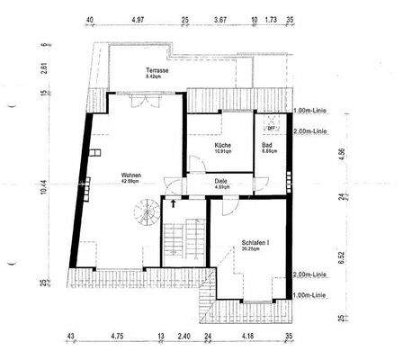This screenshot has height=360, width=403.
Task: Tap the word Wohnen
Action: (132, 175)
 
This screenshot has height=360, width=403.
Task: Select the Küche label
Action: (223, 145)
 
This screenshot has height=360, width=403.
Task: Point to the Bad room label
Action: (267, 145)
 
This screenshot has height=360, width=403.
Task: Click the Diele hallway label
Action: (220, 181)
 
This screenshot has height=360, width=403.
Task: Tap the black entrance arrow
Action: (172, 204)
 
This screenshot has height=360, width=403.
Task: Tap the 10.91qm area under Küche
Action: (223, 152)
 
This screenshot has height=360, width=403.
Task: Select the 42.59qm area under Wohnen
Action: (132, 183)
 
